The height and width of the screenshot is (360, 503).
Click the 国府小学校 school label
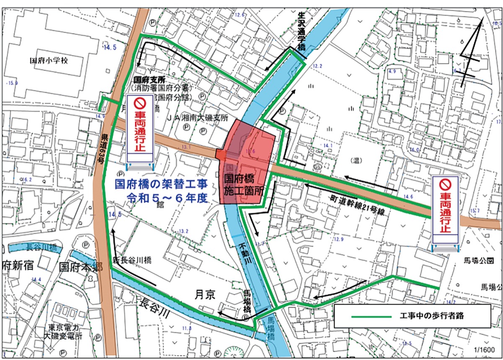49,60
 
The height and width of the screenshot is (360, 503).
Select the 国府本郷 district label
80,267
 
